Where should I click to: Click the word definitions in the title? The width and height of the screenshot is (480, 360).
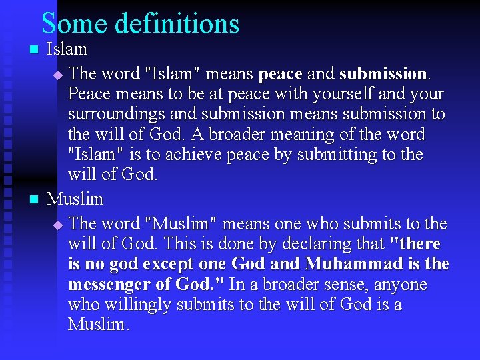point(177,23)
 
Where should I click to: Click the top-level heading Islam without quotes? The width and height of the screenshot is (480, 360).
point(67,49)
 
